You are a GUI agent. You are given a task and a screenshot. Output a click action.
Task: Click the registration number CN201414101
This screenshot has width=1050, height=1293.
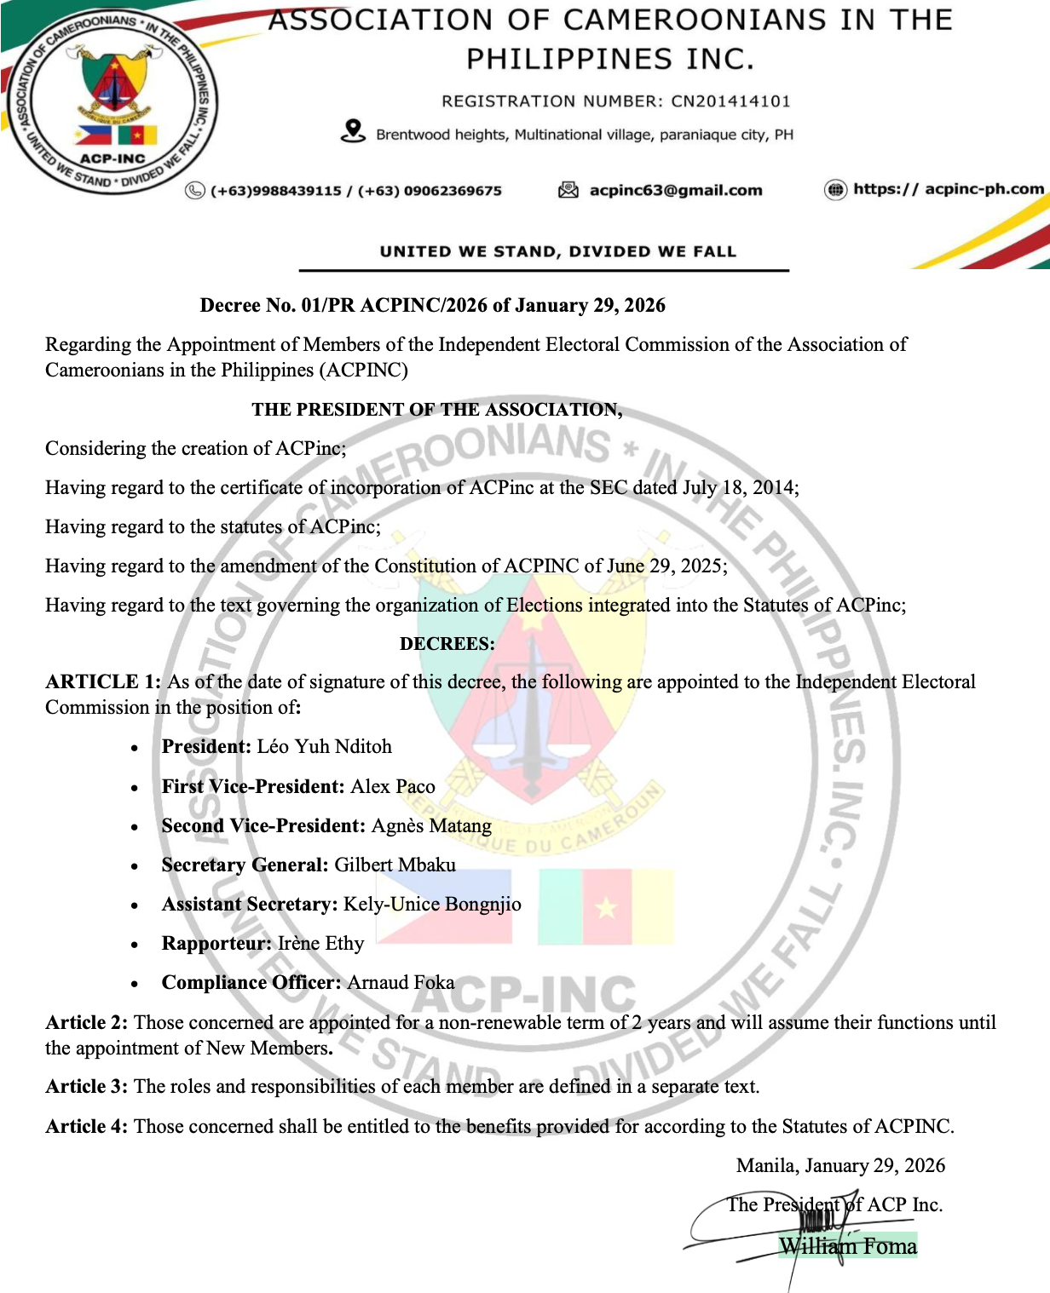click(730, 101)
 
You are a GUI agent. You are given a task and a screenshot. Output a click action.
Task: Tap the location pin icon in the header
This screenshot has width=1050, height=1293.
click(353, 131)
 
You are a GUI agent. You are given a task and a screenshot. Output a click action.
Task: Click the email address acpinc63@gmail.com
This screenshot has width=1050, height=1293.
click(676, 190)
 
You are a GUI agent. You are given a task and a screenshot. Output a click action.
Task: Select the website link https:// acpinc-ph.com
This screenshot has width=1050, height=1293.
click(949, 189)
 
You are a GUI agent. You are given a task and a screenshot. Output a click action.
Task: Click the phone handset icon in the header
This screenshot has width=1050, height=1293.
click(195, 191)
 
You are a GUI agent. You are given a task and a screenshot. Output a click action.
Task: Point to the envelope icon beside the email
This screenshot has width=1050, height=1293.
click(568, 190)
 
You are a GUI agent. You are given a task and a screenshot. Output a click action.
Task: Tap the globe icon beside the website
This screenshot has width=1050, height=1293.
click(835, 190)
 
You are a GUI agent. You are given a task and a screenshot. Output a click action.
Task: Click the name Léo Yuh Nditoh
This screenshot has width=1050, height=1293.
click(324, 747)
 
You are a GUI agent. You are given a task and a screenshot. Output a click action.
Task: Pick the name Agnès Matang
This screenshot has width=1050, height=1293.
click(431, 825)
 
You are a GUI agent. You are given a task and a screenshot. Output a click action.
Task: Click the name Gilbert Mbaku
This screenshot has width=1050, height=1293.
click(395, 865)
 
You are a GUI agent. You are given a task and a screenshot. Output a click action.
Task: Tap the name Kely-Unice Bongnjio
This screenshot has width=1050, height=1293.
click(432, 904)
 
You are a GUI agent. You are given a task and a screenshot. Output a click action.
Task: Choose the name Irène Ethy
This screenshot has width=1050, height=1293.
click(320, 943)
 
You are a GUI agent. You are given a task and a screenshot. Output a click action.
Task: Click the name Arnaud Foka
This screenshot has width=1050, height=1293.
click(401, 982)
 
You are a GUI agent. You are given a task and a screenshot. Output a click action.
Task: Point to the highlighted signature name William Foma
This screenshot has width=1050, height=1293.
click(848, 1246)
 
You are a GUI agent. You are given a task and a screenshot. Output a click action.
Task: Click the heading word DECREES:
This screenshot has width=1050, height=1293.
click(447, 644)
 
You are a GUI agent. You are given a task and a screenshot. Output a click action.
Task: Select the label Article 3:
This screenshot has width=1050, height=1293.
click(87, 1087)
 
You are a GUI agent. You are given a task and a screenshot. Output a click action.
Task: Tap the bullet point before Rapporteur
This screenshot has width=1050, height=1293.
click(135, 945)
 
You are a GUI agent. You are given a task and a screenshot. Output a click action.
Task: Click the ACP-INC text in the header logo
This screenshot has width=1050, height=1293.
click(112, 158)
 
